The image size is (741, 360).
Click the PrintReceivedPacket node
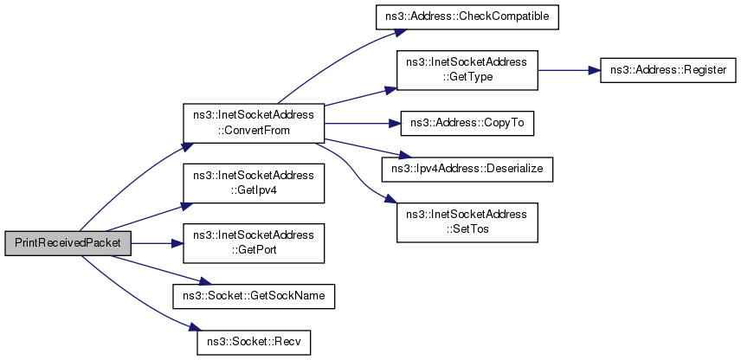point(68,243)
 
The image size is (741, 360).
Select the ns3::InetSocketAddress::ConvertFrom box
point(254,123)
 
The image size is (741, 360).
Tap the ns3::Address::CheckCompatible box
point(467,17)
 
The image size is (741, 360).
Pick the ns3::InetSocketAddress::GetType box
point(467,70)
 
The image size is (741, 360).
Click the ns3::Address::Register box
point(667,70)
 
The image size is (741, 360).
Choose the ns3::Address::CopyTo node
point(467,123)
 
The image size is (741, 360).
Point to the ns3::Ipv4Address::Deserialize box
point(467,168)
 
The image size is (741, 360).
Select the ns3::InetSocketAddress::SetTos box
point(467,222)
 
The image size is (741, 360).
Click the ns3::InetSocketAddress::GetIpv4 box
point(254,183)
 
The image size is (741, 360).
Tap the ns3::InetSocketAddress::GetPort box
point(254,243)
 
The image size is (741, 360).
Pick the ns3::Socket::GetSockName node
point(254,296)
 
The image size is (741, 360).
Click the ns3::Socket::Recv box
point(254,341)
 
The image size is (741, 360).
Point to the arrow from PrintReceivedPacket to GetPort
point(157,243)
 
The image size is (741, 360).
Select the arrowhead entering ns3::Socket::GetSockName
point(204,282)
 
